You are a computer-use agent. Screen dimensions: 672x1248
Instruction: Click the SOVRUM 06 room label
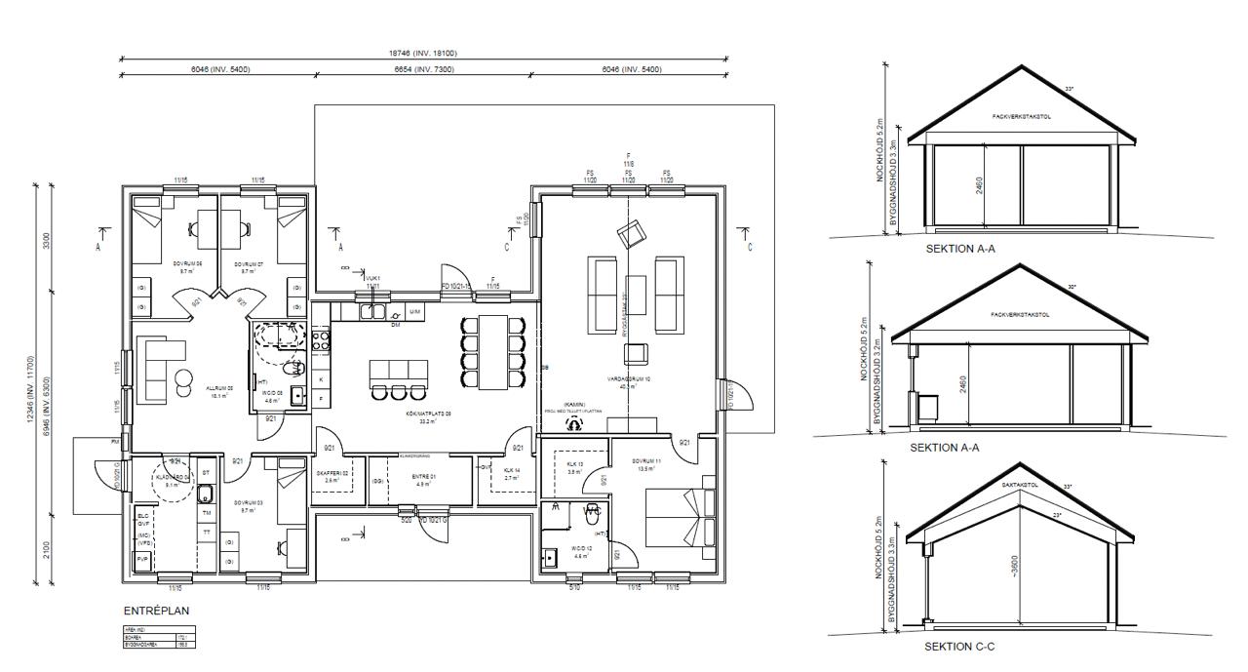(187, 264)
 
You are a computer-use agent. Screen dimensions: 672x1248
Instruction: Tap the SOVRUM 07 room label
(249, 264)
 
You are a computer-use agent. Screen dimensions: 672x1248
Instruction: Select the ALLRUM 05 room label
(216, 388)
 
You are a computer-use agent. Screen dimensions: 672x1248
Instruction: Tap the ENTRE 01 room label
(424, 476)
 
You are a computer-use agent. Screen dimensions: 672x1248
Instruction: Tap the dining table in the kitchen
(492, 348)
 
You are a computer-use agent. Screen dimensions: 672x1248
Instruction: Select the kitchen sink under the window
(372, 311)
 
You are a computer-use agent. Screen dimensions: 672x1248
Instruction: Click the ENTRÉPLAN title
(156, 611)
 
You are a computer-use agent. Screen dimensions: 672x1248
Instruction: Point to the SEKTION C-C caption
(959, 646)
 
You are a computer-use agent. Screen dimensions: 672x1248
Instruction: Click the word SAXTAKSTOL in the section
(1022, 484)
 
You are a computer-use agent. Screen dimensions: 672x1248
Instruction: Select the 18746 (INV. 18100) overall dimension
(424, 54)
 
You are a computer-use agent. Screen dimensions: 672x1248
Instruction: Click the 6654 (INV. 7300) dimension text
(424, 69)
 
